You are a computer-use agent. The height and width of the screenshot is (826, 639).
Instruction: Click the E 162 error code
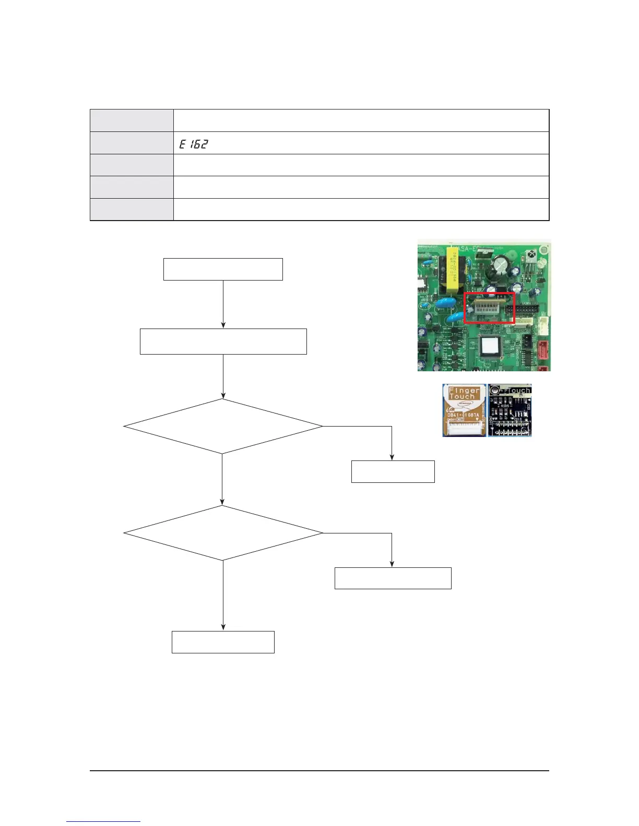click(x=193, y=144)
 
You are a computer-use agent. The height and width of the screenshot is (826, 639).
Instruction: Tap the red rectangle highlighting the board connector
click(x=489, y=308)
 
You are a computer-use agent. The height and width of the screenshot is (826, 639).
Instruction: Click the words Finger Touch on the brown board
click(x=464, y=393)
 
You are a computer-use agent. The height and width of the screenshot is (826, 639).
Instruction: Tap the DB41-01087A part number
click(x=463, y=416)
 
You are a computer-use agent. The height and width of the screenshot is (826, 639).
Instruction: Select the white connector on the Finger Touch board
click(x=464, y=429)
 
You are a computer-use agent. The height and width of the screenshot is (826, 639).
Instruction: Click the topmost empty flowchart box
click(x=223, y=269)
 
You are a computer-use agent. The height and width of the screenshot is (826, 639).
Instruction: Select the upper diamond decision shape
click(x=223, y=427)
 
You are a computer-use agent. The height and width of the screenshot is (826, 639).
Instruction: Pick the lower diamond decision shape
click(x=223, y=533)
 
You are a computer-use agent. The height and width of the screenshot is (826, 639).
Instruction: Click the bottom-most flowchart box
click(x=223, y=642)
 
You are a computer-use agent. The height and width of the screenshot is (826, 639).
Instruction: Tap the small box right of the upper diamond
click(x=393, y=471)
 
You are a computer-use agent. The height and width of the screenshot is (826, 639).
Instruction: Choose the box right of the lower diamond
click(x=393, y=578)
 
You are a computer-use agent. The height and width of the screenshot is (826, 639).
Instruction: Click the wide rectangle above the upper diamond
click(x=223, y=342)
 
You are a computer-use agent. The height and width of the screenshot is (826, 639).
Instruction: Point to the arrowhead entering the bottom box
click(x=223, y=628)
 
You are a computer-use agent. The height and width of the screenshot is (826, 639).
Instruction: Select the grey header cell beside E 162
click(x=132, y=143)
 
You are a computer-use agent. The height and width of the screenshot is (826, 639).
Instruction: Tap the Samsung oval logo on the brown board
click(x=464, y=405)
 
